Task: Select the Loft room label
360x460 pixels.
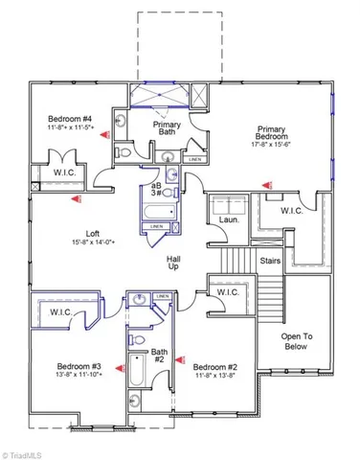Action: pos(93,233)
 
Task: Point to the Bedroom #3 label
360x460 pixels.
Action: pos(78,367)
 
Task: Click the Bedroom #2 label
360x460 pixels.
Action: pos(214,367)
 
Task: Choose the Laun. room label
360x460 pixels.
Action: pos(229,218)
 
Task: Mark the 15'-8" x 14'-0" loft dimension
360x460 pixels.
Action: pos(92,243)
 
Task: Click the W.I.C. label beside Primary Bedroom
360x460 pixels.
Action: pos(292,210)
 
